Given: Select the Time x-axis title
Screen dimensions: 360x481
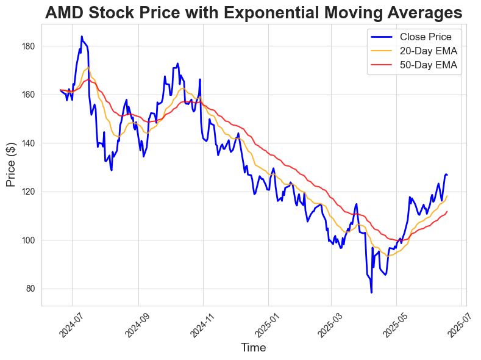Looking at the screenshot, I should (x=254, y=348).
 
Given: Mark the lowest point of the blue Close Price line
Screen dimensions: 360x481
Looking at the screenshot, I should (x=371, y=292).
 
